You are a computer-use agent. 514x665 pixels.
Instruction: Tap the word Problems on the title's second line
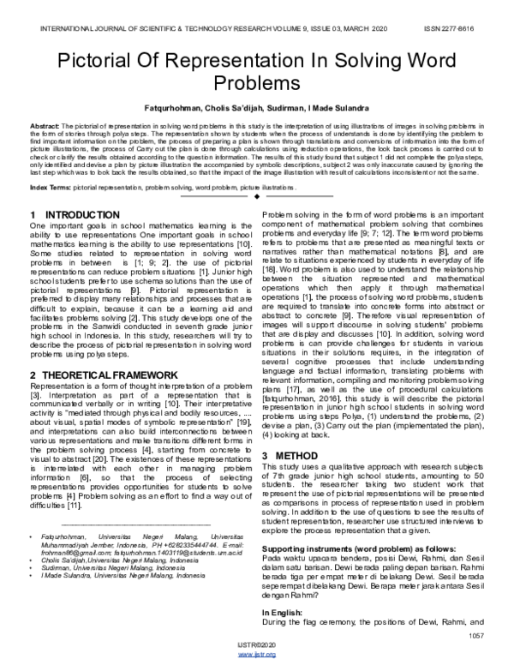pyautogui.click(x=257, y=87)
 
